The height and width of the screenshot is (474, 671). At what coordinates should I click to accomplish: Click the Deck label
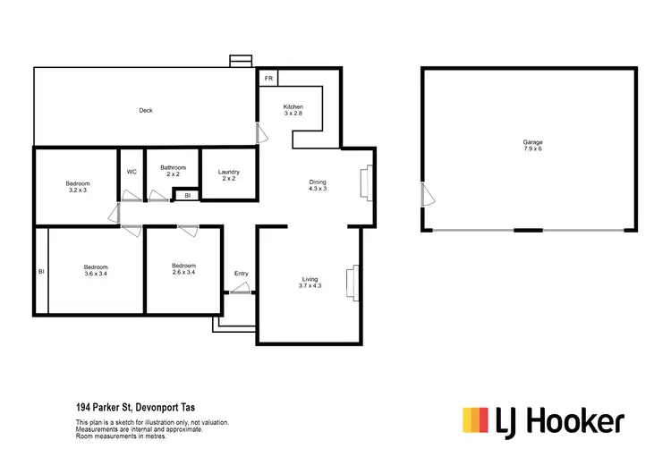pyautogui.click(x=146, y=111)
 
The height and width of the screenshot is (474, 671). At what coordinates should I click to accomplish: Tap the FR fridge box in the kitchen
pyautogui.click(x=268, y=79)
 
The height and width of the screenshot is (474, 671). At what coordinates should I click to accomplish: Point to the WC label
pyautogui.click(x=132, y=172)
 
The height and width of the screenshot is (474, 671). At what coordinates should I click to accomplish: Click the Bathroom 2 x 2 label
pyautogui.click(x=173, y=171)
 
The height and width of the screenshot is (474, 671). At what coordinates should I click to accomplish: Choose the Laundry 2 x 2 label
pyautogui.click(x=229, y=175)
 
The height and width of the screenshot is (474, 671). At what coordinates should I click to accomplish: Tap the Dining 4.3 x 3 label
pyautogui.click(x=318, y=184)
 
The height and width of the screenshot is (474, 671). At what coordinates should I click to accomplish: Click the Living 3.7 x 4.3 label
pyautogui.click(x=310, y=283)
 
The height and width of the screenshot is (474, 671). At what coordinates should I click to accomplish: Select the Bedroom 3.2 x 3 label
pyautogui.click(x=78, y=186)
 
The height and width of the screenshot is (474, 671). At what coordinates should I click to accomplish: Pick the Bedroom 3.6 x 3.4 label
pyautogui.click(x=96, y=270)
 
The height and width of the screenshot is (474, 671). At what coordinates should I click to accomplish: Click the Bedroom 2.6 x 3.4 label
pyautogui.click(x=184, y=270)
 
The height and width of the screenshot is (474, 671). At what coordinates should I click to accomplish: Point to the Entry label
pyautogui.click(x=241, y=274)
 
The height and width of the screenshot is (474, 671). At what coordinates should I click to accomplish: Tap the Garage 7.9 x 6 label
pyautogui.click(x=532, y=146)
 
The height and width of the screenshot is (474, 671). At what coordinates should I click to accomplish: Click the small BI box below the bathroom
pyautogui.click(x=187, y=195)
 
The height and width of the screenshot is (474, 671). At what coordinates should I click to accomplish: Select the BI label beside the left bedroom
pyautogui.click(x=40, y=272)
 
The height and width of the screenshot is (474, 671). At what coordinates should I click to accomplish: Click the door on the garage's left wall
pyautogui.click(x=425, y=194)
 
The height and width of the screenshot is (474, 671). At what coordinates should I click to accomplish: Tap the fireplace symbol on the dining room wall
pyautogui.click(x=364, y=183)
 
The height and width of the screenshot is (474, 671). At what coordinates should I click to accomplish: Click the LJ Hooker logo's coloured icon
pyautogui.click(x=474, y=419)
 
